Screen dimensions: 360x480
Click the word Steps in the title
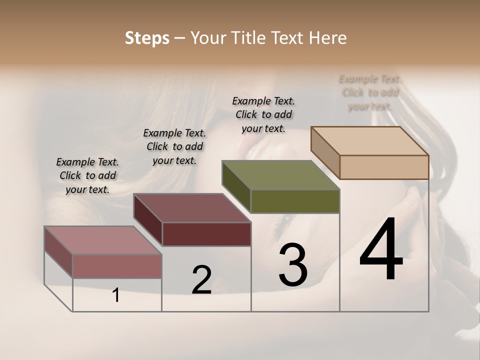(x=146, y=38)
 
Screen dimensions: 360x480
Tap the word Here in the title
(x=328, y=38)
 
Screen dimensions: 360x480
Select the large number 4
(x=381, y=249)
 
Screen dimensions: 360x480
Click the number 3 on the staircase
(x=293, y=264)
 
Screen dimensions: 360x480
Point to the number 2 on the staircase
(x=201, y=280)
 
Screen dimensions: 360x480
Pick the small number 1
(x=116, y=295)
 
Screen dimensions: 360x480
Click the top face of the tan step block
(x=370, y=141)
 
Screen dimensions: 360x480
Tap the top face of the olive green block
(x=280, y=175)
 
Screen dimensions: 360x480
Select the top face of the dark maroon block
(x=192, y=208)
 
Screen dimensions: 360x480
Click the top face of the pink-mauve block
(x=103, y=240)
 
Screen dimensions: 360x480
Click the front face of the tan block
(x=384, y=167)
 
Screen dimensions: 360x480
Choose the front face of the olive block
(x=295, y=201)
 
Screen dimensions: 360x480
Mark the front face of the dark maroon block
(x=206, y=234)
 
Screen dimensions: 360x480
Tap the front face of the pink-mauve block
(x=117, y=266)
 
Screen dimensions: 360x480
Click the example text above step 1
(x=87, y=175)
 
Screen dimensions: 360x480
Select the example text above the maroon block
(x=174, y=146)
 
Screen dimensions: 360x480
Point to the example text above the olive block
(x=263, y=114)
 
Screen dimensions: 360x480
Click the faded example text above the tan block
(x=370, y=92)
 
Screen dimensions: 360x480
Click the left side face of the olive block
(x=236, y=186)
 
